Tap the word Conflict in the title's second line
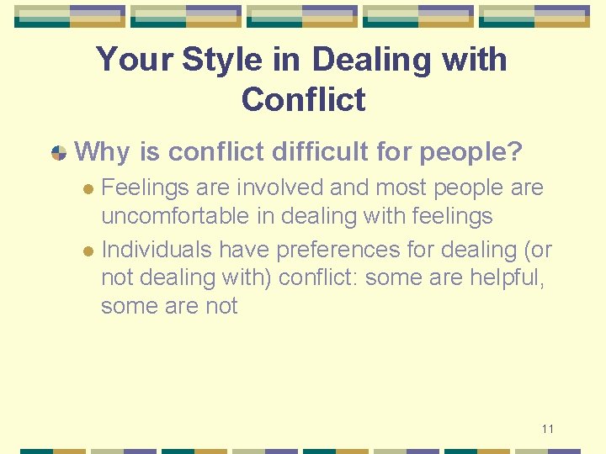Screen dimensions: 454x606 (x=303, y=100)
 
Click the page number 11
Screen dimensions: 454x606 (x=548, y=429)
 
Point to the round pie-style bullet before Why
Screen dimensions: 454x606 (x=59, y=153)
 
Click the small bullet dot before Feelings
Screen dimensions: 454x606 (x=90, y=188)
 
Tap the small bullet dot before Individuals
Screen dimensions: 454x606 (x=90, y=251)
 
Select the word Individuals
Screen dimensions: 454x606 (x=157, y=250)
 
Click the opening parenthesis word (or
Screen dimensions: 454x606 (x=535, y=250)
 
